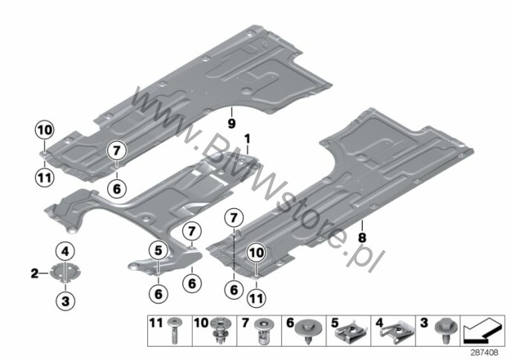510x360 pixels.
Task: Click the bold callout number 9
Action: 232,123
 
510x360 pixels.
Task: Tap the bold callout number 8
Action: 362,238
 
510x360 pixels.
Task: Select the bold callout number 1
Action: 248,139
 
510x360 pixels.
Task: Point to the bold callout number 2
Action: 34,274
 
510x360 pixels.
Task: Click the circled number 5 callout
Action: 158,251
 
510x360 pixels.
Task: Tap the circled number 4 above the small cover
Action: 65,251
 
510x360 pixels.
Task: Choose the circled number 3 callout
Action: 65,300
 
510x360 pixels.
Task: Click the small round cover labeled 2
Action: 65,272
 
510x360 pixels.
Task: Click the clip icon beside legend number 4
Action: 397,332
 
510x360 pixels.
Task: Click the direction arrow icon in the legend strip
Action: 482,331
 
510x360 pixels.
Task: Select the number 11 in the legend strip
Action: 156,324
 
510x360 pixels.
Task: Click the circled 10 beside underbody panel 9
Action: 45,130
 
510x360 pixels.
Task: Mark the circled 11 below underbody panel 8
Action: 256,298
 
